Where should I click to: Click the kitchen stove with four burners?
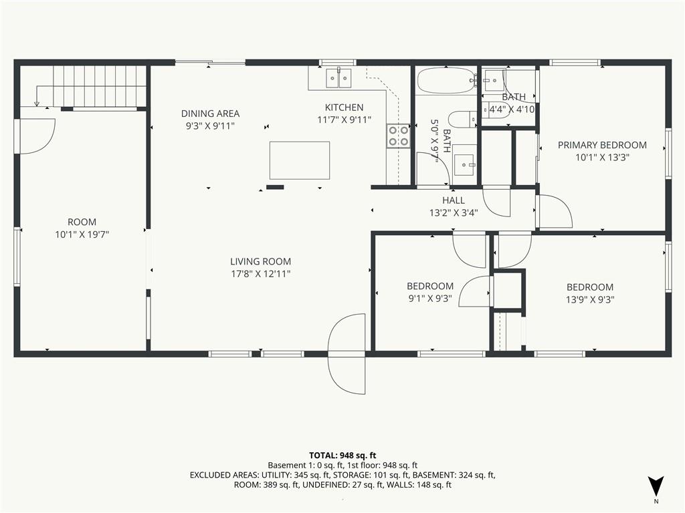pyautogui.click(x=398, y=136)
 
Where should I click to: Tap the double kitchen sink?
pyautogui.click(x=339, y=79)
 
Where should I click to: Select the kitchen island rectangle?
pyautogui.click(x=300, y=160)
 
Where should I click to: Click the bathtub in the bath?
pyautogui.click(x=446, y=81)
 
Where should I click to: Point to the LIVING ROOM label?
pyautogui.click(x=261, y=261)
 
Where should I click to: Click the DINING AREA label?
pyautogui.click(x=211, y=114)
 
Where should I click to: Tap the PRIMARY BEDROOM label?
pyautogui.click(x=603, y=145)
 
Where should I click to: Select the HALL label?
pyautogui.click(x=454, y=200)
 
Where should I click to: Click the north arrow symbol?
pyautogui.click(x=656, y=486)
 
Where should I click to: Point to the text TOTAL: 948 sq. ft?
pyautogui.click(x=342, y=456)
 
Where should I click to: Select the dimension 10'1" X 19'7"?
pyautogui.click(x=82, y=234)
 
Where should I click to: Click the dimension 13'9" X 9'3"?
pyautogui.click(x=590, y=299)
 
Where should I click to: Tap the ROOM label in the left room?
pyautogui.click(x=82, y=222)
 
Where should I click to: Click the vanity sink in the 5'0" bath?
pyautogui.click(x=464, y=164)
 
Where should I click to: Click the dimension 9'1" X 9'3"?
pyautogui.click(x=430, y=299)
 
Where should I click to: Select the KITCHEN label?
pyautogui.click(x=345, y=108)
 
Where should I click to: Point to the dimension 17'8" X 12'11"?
pyautogui.click(x=261, y=274)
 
